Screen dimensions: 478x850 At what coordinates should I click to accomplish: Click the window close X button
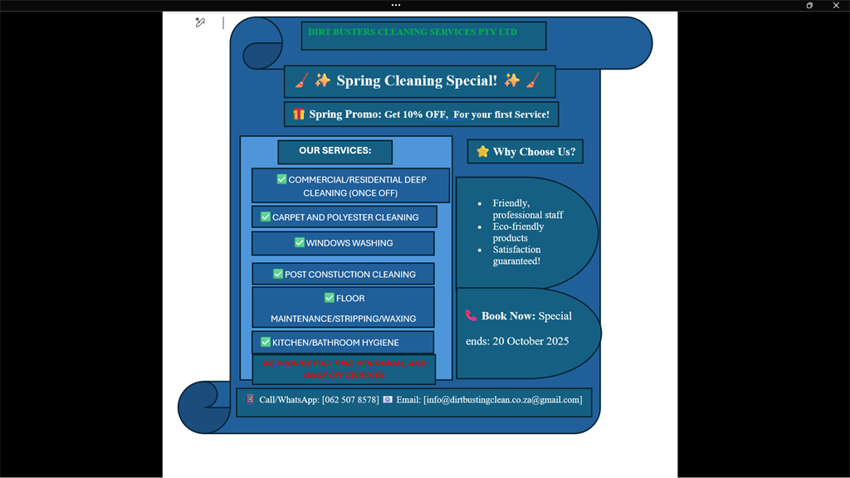(836, 5)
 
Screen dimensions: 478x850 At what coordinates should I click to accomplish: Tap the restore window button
(809, 5)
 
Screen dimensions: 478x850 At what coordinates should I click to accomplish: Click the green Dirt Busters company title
(413, 32)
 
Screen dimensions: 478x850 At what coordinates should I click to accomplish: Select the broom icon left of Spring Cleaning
(301, 80)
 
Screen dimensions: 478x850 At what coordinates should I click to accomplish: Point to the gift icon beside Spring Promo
(298, 114)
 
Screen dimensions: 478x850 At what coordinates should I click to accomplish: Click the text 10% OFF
(425, 115)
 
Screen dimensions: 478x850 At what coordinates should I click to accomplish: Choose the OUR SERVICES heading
(335, 151)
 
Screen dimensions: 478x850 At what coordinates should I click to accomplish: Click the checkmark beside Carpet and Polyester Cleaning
(266, 217)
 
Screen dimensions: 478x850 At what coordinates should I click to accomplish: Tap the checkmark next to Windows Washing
(300, 242)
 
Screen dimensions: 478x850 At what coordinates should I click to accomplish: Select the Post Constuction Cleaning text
(349, 274)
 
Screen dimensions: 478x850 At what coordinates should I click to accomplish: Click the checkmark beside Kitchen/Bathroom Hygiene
(266, 342)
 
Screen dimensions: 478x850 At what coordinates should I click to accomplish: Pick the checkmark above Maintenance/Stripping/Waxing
(330, 298)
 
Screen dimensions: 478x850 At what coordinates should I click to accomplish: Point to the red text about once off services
(344, 369)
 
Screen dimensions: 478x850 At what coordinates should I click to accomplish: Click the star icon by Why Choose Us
(482, 151)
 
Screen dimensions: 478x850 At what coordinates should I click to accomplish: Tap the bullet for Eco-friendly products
(481, 227)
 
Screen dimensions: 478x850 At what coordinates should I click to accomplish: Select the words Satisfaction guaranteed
(516, 255)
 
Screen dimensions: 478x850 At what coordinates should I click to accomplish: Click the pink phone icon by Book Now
(471, 315)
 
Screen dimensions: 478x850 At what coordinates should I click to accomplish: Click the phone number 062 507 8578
(350, 400)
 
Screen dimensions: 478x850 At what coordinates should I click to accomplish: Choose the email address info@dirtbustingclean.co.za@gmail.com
(502, 400)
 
